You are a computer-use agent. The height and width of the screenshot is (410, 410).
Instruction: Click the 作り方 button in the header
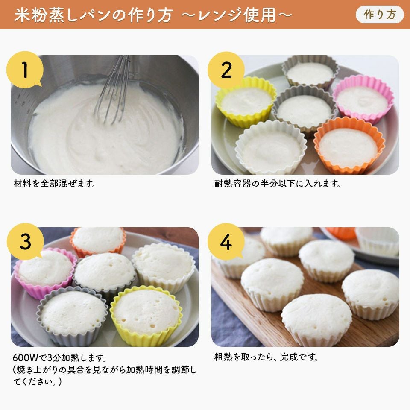[380, 15]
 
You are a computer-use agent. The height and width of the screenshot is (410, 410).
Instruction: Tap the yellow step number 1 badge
[25, 70]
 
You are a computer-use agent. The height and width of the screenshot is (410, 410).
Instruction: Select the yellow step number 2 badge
[226, 70]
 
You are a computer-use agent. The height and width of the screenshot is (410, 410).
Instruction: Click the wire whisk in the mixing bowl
[114, 89]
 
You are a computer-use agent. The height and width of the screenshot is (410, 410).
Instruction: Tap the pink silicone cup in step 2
[363, 99]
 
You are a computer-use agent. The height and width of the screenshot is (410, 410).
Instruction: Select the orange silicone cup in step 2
[349, 145]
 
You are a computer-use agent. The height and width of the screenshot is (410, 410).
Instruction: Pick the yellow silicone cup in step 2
[246, 102]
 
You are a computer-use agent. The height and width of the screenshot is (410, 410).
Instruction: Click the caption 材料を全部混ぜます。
[54, 184]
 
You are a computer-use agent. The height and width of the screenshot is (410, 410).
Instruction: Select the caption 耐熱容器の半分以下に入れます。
[277, 184]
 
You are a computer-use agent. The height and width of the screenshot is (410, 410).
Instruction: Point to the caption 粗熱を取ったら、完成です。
[266, 357]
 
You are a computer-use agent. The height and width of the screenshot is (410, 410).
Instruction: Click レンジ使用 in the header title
[237, 15]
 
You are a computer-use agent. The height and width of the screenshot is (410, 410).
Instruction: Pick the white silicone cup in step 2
[271, 148]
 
